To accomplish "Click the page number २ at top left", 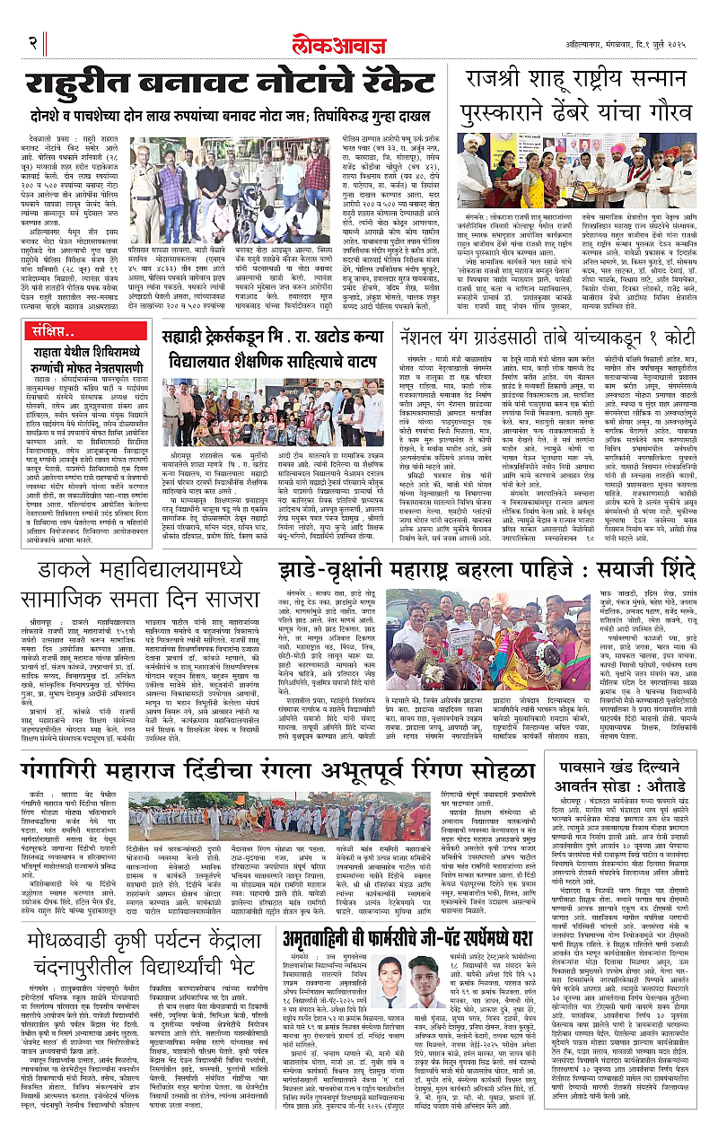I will pos(32,42).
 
